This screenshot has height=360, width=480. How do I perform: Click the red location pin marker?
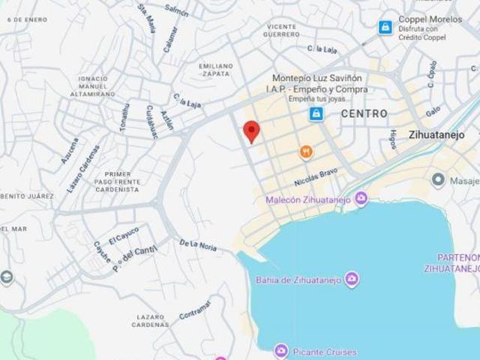pos(252,131)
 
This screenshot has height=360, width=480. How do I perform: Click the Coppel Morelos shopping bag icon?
pos(385,27)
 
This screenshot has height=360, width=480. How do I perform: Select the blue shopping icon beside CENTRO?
pos(316,113)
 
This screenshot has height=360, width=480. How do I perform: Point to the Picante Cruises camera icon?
pos(280,350)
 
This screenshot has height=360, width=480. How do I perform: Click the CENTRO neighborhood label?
pos(364,114)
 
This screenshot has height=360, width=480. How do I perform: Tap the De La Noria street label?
pos(197,244)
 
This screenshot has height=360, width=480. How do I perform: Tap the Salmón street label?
pos(176,10)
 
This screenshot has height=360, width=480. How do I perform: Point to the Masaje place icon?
pos(439,179)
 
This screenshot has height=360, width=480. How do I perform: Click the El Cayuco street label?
pos(124,235)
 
